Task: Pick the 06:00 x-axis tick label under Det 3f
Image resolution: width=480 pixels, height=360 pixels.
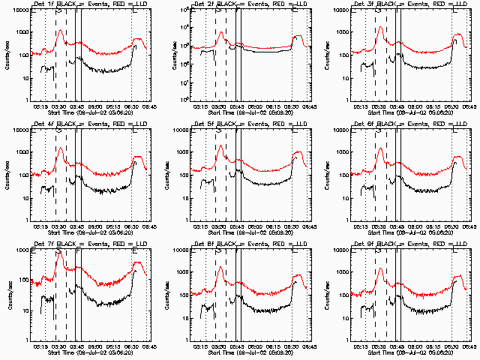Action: pos(417,106)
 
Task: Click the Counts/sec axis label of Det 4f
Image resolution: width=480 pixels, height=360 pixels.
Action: pos(6,175)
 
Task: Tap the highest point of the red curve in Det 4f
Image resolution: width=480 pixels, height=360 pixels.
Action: pos(60,148)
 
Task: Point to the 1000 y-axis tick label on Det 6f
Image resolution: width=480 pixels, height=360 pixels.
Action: pos(343,153)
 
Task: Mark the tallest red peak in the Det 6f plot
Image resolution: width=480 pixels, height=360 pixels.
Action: pos(381,148)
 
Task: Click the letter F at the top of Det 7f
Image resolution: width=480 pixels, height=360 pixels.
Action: pos(77,250)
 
